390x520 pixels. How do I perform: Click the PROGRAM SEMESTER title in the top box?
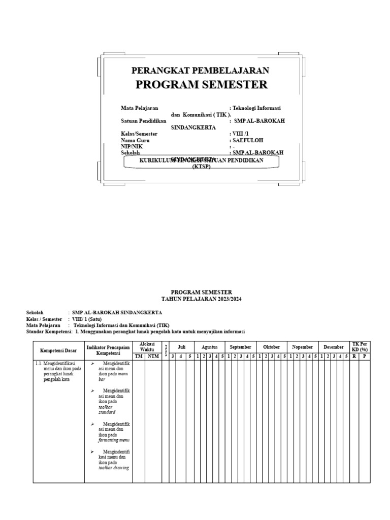201,85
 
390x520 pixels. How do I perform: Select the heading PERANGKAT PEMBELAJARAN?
200,71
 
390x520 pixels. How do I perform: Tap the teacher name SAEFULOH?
248,140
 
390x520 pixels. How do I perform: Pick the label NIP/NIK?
132,146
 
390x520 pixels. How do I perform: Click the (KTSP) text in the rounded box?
201,166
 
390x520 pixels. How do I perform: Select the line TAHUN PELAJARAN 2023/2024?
201,300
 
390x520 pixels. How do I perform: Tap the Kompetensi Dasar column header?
58,350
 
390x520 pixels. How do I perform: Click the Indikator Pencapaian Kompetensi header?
108,350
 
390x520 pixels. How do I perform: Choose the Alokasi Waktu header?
147,346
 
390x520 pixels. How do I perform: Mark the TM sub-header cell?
139,356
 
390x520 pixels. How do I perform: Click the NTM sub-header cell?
153,356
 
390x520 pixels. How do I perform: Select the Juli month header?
181,347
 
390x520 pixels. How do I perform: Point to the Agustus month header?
209,347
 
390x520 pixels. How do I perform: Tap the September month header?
240,347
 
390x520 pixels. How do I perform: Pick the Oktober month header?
271,347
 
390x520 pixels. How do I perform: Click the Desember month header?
334,347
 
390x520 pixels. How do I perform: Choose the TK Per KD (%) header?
360,347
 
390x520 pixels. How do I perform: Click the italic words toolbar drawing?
113,468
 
